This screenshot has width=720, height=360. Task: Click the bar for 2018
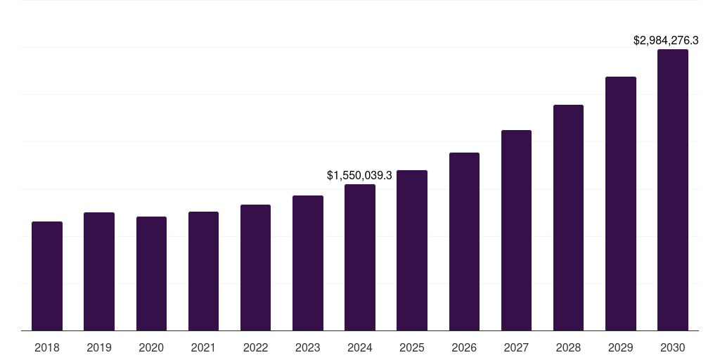47,276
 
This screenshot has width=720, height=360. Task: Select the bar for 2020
151,274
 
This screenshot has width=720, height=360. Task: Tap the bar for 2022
255,267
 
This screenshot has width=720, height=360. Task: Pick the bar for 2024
360,257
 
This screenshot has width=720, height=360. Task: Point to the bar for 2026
464,241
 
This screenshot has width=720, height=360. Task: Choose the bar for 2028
568,217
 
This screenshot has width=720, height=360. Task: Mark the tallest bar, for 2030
672,190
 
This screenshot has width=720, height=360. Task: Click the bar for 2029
620,203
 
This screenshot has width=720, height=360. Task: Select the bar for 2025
412,250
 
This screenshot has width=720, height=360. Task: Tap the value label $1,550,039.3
359,174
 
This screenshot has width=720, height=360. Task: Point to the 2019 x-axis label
99,347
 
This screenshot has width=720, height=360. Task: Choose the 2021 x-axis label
203,347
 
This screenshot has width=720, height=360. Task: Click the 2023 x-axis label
307,347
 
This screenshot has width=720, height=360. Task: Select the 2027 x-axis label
516,347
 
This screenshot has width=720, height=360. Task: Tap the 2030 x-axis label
672,347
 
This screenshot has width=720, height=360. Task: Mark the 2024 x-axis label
360,347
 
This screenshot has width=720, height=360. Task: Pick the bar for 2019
99,271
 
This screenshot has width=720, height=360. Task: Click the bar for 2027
516,230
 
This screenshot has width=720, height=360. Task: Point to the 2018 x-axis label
47,347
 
